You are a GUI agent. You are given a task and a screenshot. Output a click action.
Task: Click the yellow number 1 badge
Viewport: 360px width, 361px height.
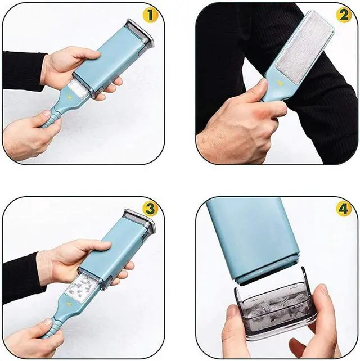pos(149,15)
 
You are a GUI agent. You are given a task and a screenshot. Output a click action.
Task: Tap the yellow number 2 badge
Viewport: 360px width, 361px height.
pos(344,15)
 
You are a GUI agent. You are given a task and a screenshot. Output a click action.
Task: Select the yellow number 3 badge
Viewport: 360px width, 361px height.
pos(149,209)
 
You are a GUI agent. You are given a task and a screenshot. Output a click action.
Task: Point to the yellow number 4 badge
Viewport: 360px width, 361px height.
pos(344,209)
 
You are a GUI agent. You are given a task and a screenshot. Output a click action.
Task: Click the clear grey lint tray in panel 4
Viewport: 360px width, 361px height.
pos(271,306)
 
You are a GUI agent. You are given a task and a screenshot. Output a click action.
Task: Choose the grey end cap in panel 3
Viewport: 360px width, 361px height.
pos(140,230)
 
